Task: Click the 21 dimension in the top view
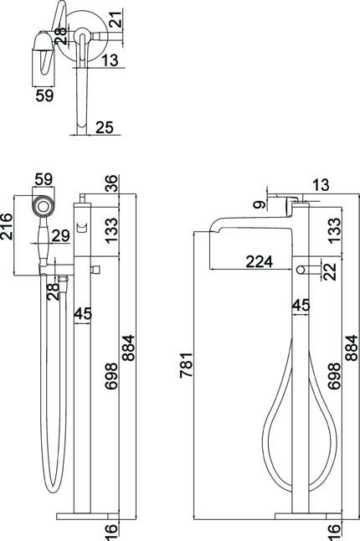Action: point(116,19)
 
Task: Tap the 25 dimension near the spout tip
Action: point(105,127)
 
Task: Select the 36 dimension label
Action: point(111,183)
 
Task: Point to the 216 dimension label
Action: point(7,226)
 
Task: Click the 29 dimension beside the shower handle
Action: point(60,235)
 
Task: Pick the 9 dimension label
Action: point(260,204)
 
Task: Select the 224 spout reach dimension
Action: point(260,262)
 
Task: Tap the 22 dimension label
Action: point(330,271)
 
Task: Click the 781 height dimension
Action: point(186,365)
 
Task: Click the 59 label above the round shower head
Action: point(44,179)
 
